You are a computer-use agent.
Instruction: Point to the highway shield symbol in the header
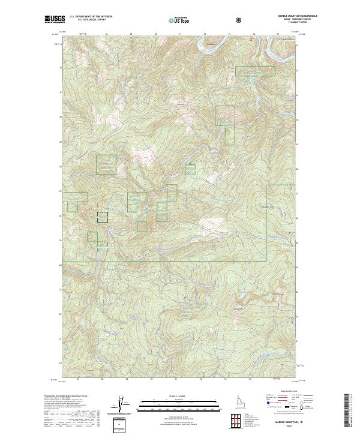[240, 20]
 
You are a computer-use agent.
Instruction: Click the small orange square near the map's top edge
[251, 40]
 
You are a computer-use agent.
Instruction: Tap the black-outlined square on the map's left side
[103, 217]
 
